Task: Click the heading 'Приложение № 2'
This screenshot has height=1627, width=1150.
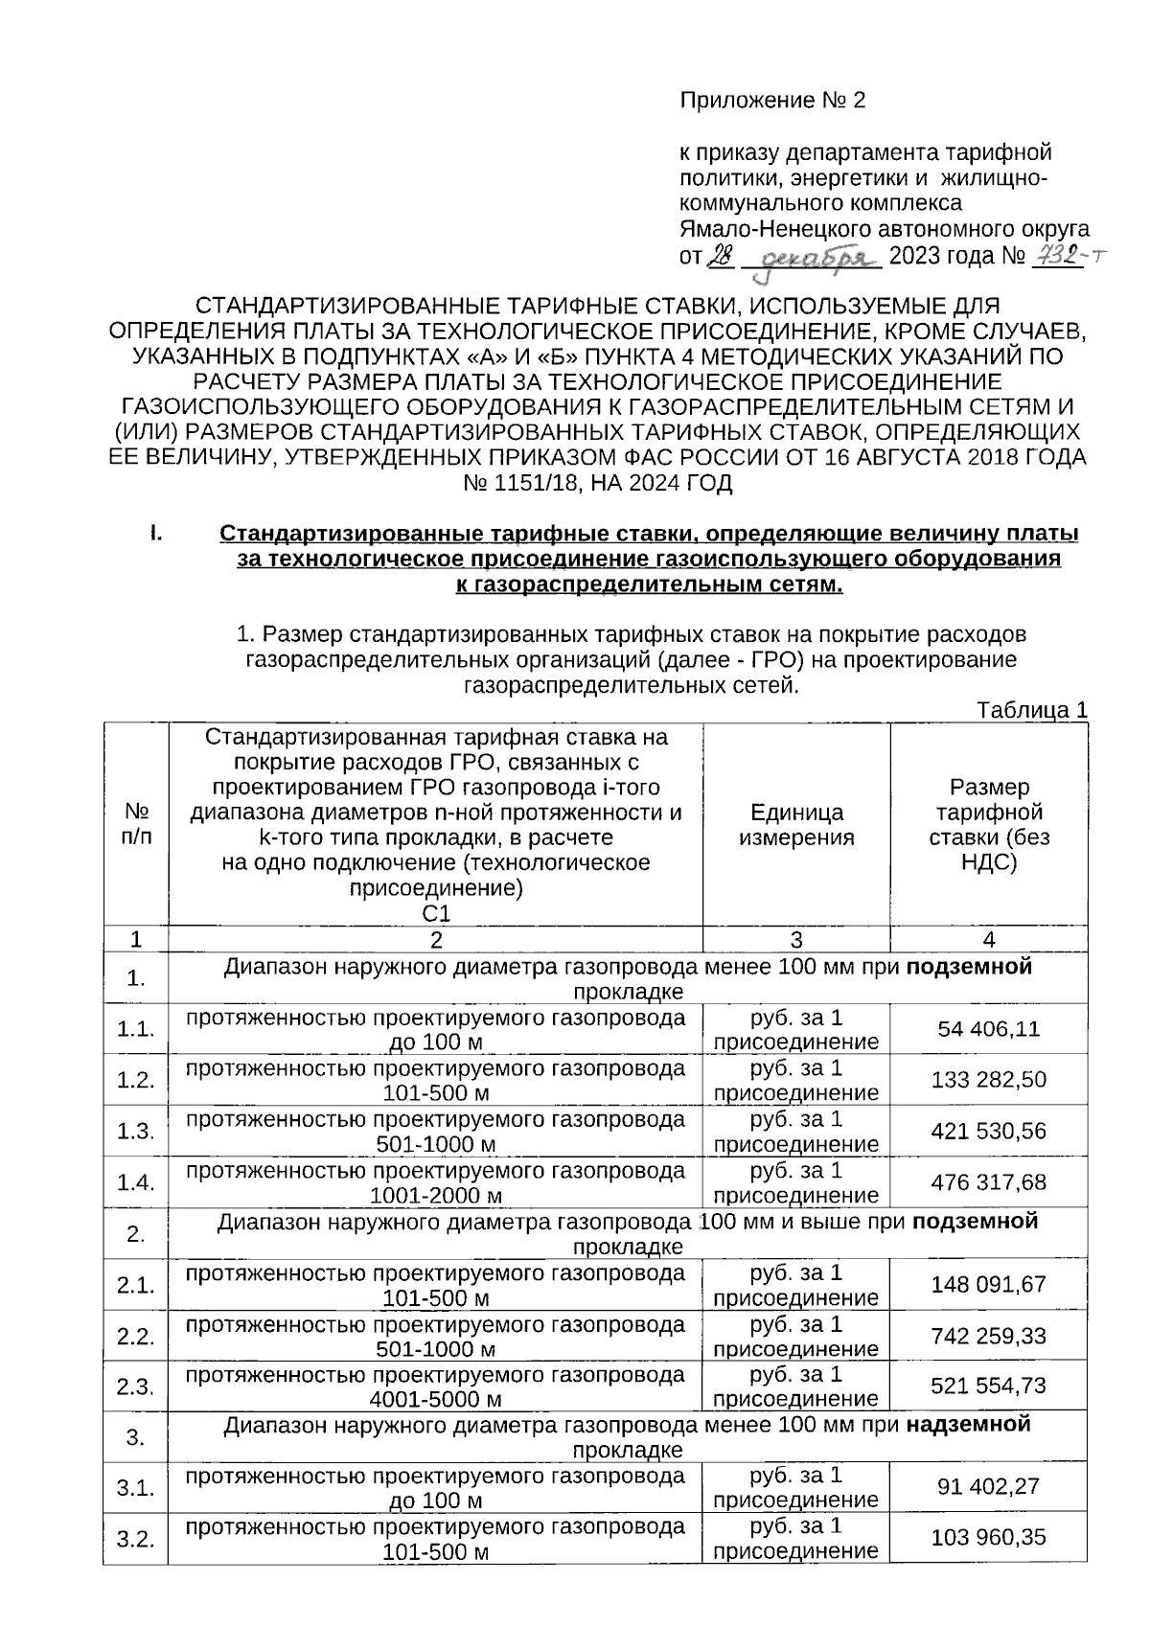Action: (772, 101)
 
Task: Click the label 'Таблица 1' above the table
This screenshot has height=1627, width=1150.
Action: (1031, 711)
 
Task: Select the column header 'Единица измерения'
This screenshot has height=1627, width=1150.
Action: (796, 825)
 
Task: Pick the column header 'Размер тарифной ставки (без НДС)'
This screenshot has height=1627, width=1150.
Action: (988, 825)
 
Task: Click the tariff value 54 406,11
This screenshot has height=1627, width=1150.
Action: (988, 1029)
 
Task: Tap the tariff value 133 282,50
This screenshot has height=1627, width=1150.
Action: (988, 1080)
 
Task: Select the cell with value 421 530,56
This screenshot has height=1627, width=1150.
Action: (988, 1132)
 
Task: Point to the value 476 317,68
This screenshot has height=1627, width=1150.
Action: (988, 1182)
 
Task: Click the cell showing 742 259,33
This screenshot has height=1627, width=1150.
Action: (988, 1336)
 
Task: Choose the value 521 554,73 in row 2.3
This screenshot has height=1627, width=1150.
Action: (988, 1386)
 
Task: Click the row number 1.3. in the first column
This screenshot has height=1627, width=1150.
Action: (135, 1132)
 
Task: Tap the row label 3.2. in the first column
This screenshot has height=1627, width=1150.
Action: (135, 1540)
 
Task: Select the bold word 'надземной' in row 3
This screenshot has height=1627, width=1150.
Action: (968, 1425)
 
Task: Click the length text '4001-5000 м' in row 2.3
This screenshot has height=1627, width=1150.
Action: (436, 1399)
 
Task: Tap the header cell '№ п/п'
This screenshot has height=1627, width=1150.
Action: (135, 825)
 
